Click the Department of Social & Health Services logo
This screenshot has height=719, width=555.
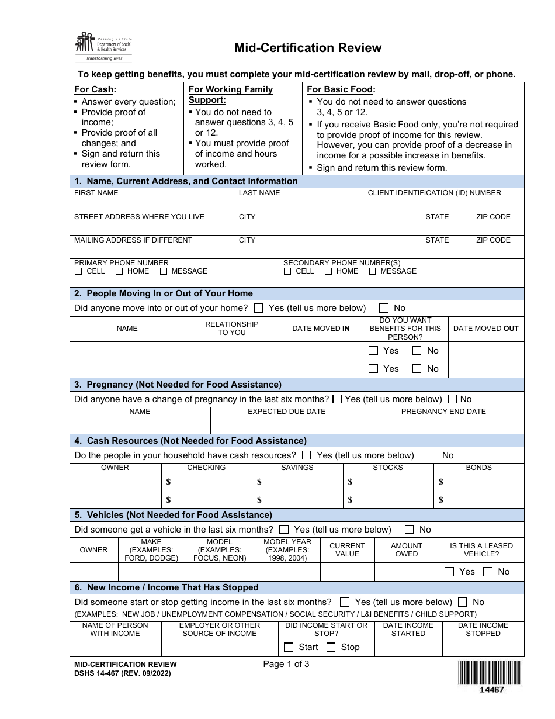pyautogui.click(x=103, y=47)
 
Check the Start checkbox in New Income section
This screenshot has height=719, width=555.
pyautogui.click(x=289, y=647)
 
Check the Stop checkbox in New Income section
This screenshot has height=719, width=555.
pyautogui.click(x=331, y=647)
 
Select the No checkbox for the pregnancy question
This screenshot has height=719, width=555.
pyautogui.click(x=453, y=399)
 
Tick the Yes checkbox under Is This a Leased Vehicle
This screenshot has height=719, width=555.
pyautogui.click(x=449, y=572)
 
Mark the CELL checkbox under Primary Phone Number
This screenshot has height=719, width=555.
pyautogui.click(x=78, y=271)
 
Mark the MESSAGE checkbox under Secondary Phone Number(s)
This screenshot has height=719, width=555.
pyautogui.click(x=372, y=271)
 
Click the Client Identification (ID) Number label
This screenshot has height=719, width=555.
pyautogui.click(x=434, y=193)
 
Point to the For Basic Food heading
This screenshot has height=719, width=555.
pyautogui.click(x=341, y=89)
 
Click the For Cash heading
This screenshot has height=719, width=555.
pyautogui.click(x=95, y=89)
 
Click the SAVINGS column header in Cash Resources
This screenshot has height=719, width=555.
pyautogui.click(x=297, y=468)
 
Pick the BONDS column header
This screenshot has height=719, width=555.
pyautogui.click(x=478, y=468)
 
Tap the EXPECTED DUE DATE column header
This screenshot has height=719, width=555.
pyautogui.click(x=286, y=412)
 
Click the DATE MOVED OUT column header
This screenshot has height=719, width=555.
pyautogui.click(x=485, y=329)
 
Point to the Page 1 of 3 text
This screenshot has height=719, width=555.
pyautogui.click(x=286, y=663)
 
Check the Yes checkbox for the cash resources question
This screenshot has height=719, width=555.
pyautogui.click(x=306, y=455)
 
